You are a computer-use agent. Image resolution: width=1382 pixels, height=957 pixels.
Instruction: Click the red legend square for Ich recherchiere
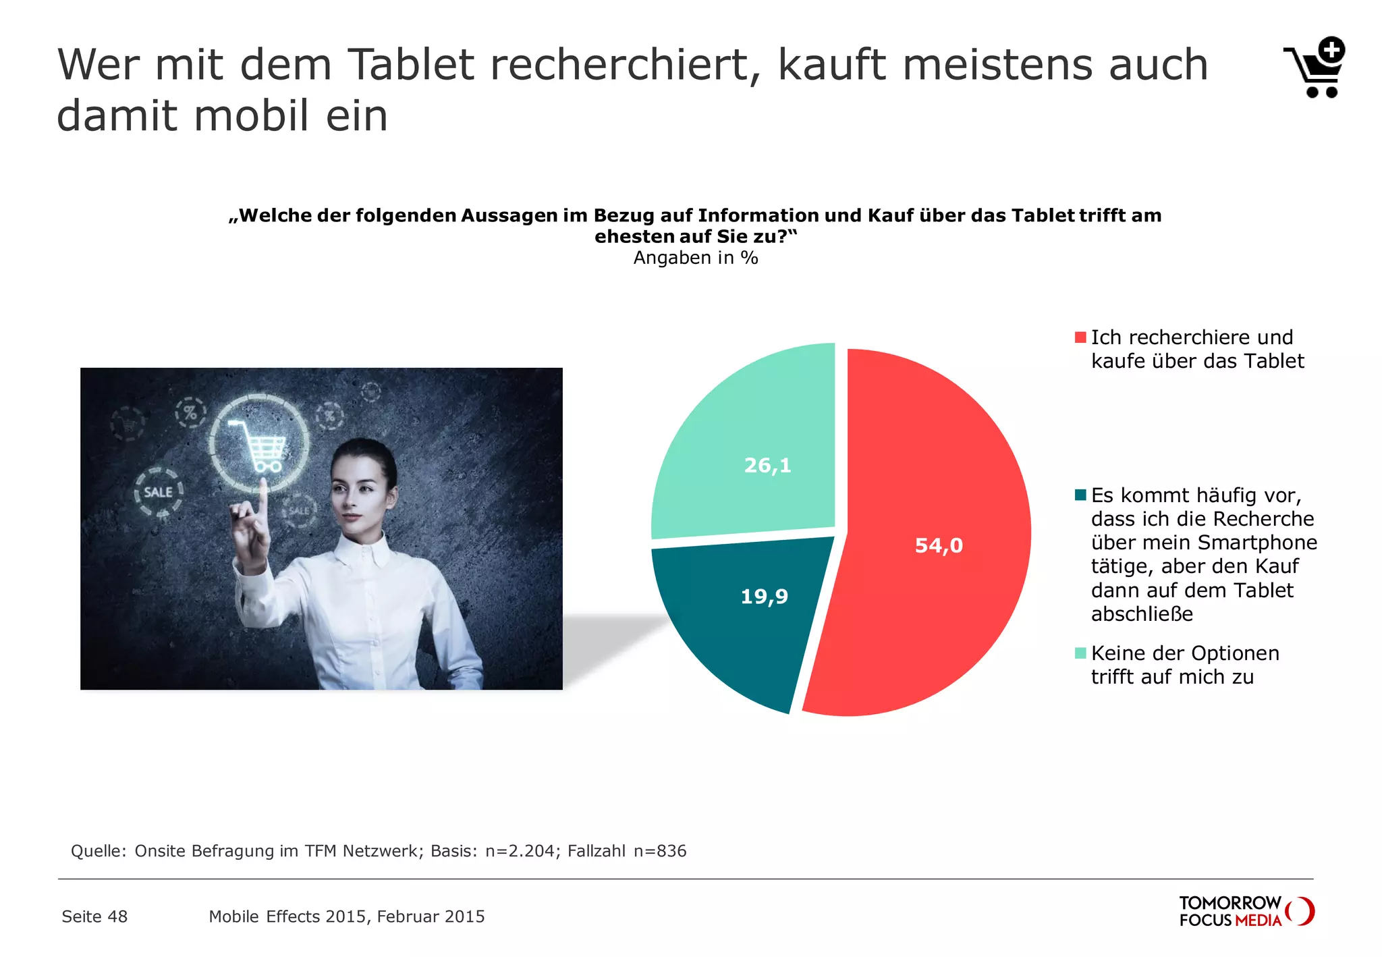[x=1080, y=337]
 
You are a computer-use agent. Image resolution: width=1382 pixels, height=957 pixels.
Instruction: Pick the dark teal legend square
[x=1080, y=495]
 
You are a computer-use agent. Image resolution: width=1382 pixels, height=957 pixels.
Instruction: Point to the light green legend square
[x=1080, y=653]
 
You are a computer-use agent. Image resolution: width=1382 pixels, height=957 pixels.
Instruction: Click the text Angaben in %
[x=695, y=258]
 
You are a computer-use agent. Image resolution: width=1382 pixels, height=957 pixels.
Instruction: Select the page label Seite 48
[x=94, y=917]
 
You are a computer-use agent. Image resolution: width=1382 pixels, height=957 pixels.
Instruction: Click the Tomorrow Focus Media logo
[x=1246, y=911]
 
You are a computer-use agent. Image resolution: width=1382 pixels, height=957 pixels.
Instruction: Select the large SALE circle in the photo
[x=159, y=492]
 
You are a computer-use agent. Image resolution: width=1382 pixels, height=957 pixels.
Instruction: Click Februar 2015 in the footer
[x=431, y=917]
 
